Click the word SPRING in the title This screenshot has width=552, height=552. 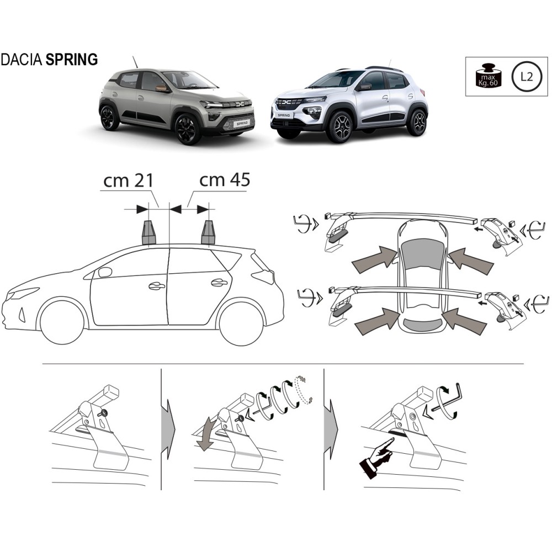pyautogui.click(x=72, y=59)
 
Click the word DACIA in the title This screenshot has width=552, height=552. pyautogui.click(x=22, y=59)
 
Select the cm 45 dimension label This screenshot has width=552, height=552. pyautogui.click(x=225, y=181)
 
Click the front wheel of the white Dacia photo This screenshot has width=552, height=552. pyautogui.click(x=339, y=128)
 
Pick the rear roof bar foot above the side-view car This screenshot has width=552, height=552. pyautogui.click(x=208, y=232)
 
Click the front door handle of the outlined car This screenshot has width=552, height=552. pyautogui.click(x=156, y=286)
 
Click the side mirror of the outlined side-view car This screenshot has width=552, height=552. pyautogui.click(x=104, y=272)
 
